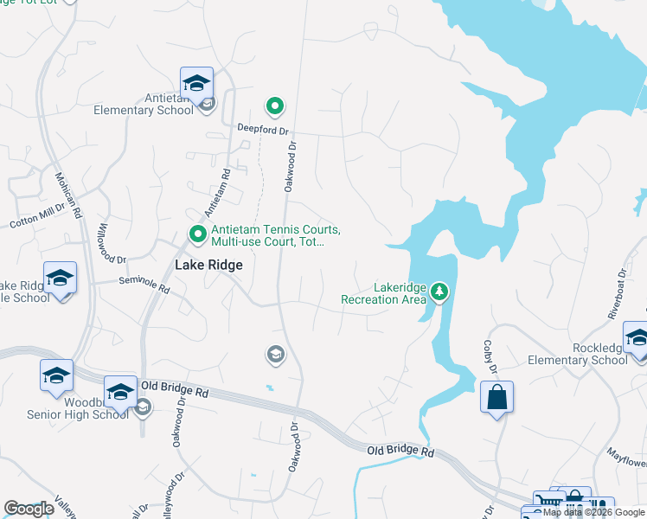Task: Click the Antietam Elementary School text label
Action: click(x=144, y=104)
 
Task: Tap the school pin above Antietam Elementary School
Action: click(x=196, y=83)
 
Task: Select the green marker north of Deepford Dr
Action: click(x=275, y=107)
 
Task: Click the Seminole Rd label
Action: click(x=145, y=287)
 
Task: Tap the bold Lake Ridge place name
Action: click(x=208, y=266)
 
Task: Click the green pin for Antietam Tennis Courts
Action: click(x=197, y=234)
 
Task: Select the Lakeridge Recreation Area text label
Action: click(x=384, y=294)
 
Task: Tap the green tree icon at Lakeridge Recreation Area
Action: click(x=440, y=292)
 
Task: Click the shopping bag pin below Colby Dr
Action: click(x=496, y=398)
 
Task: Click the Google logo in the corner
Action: click(x=29, y=509)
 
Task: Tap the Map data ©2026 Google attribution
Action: click(x=593, y=512)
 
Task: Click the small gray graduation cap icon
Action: click(x=275, y=353)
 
